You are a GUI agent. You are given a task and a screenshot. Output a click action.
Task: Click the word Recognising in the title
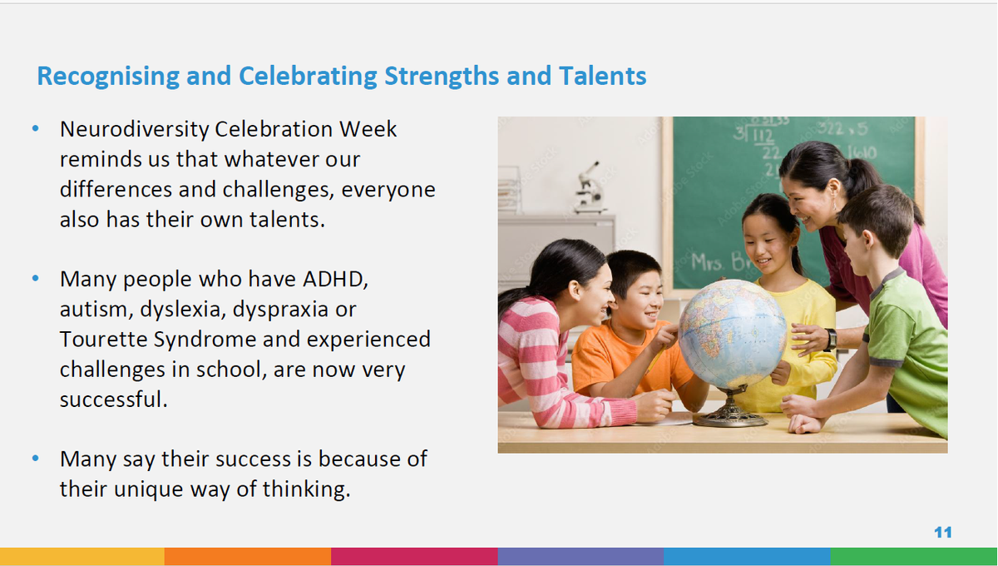pos(108,77)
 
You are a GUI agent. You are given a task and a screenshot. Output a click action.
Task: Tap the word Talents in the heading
pos(602,76)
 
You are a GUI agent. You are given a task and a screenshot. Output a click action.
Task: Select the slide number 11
pos(943,532)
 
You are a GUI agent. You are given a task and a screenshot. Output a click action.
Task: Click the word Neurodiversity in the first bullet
pos(134,130)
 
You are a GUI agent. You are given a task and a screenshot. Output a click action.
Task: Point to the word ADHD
pos(335,280)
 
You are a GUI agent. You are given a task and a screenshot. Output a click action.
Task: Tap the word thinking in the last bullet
pos(307,489)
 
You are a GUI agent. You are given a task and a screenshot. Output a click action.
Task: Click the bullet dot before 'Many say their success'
pos(36,458)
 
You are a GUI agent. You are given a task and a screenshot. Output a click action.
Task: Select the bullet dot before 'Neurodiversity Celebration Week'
pos(36,129)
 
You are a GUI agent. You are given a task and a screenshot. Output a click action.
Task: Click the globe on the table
pos(732,334)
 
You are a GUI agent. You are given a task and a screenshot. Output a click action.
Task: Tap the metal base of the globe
pos(731,408)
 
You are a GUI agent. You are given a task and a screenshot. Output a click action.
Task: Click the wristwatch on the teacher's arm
pos(831,340)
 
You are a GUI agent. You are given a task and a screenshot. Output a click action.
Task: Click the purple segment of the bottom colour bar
pos(581,557)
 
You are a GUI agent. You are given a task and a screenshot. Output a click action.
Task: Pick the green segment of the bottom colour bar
pos(914,557)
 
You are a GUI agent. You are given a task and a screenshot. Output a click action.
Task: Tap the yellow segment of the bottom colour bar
pos(82,557)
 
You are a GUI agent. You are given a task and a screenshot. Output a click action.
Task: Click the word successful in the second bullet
pos(114,400)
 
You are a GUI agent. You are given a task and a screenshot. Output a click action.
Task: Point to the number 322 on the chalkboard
pos(831,128)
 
